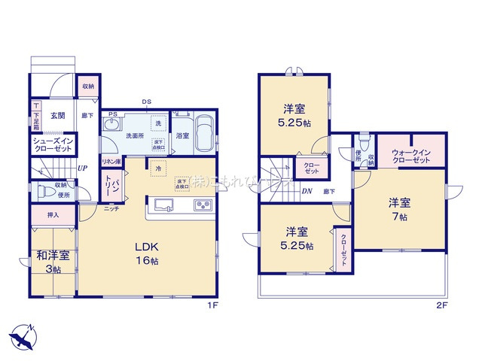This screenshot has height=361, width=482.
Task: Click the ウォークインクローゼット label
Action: tap(410, 157)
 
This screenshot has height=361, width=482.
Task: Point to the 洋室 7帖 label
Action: tap(399, 209)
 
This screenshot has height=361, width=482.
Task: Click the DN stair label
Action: tap(307, 191)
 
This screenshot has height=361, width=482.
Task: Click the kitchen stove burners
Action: tap(203, 205)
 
